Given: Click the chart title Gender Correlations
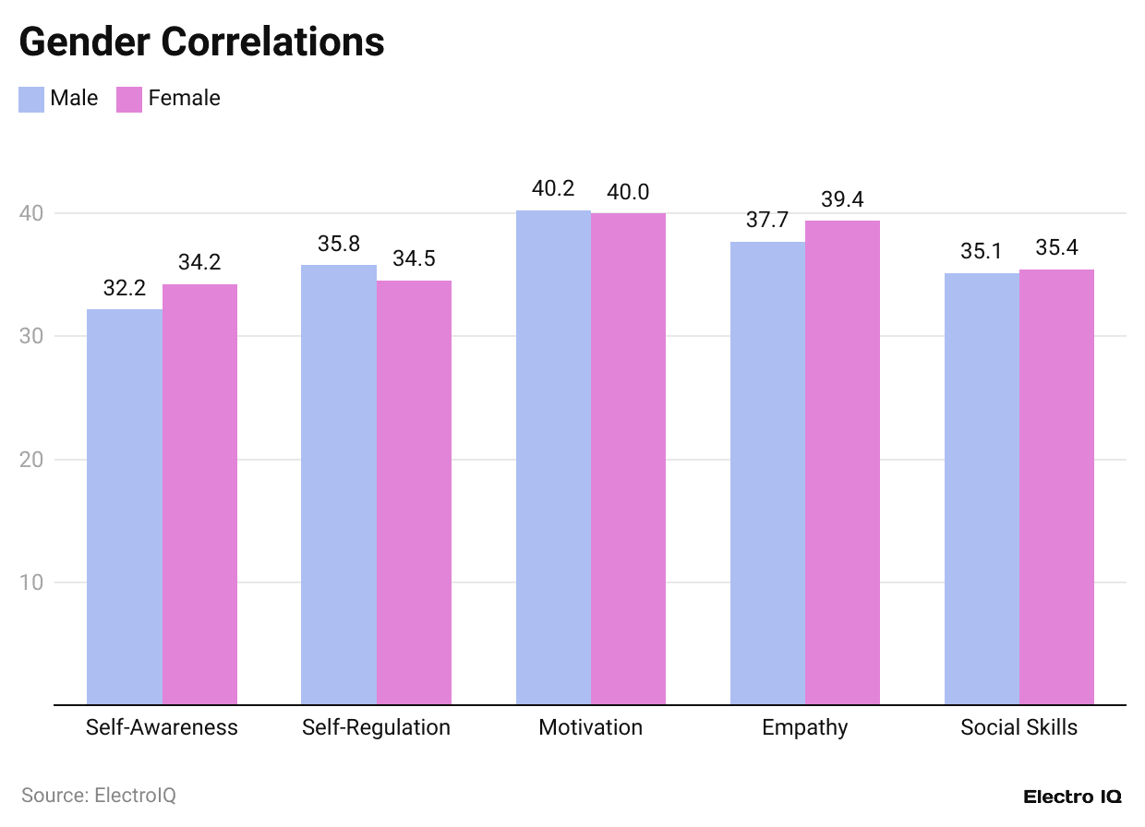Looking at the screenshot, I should coord(201,42).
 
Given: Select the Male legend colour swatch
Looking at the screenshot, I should coord(31,99).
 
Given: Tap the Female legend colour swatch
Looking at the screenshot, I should coord(129,99).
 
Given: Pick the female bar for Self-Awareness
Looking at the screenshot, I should coord(199,494).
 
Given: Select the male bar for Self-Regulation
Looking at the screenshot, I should coord(339,485).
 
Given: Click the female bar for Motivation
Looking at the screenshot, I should coord(628,459).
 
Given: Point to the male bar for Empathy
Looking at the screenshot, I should coord(767,473).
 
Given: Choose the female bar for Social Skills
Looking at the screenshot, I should coord(1056,486).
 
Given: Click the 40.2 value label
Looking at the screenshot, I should coord(553,189).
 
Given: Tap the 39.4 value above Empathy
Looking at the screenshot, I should coord(842,199).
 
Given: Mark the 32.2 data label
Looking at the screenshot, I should coord(125,288).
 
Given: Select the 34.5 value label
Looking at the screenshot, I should coord(414,259).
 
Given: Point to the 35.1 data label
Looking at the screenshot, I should coord(982,252).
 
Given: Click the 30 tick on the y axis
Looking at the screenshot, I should coord(31,336).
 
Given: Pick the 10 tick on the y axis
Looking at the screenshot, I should coord(31,582).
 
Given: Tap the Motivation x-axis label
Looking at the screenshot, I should coord(590,727).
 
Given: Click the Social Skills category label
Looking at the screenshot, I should coord(1018,727).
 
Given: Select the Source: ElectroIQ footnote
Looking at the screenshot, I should coord(99,795).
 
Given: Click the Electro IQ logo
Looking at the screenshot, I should coord(1072,797).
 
